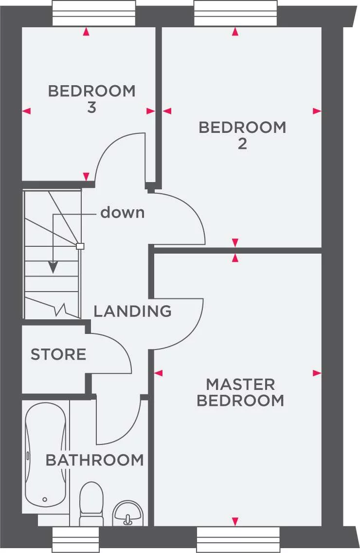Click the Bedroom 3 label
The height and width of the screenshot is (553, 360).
[91, 99]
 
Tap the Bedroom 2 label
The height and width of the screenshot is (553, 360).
[242, 135]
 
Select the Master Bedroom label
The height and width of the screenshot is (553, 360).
[240, 392]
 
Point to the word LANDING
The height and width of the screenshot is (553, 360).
[132, 311]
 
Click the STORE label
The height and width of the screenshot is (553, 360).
[58, 354]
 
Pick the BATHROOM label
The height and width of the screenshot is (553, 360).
[95, 460]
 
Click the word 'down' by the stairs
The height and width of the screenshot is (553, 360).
[122, 213]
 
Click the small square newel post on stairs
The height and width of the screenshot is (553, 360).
[80, 246]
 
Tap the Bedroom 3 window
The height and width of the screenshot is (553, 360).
[93, 13]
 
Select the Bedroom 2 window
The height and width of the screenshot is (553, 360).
[235, 13]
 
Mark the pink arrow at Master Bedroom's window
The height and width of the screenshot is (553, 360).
[235, 521]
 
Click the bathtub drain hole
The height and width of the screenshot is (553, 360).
[45, 499]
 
